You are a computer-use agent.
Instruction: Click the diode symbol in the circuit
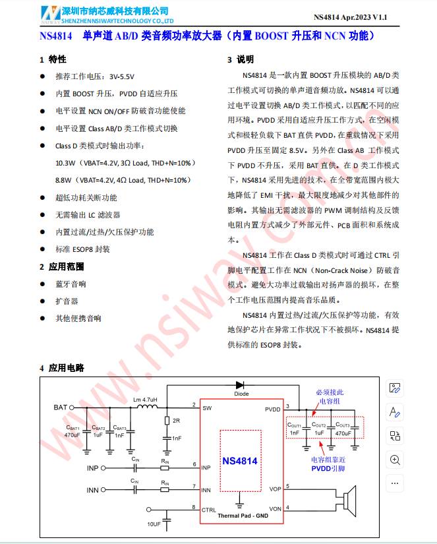pyautogui.click(x=241, y=385)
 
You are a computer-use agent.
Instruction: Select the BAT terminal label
pyautogui.click(x=61, y=408)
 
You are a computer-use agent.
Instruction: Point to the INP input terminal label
pyautogui.click(x=93, y=468)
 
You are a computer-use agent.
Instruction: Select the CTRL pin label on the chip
pyautogui.click(x=209, y=510)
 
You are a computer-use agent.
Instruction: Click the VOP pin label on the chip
pyautogui.click(x=275, y=489)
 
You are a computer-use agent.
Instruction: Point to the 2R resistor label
pyautogui.click(x=176, y=420)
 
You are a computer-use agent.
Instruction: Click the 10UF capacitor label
pyautogui.click(x=154, y=524)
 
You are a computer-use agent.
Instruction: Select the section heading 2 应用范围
pyautogui.click(x=62, y=266)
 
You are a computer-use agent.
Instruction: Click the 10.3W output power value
pyautogui.click(x=65, y=162)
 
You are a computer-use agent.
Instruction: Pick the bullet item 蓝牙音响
pyautogui.click(x=71, y=284)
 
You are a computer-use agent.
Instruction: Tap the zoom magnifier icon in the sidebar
pyautogui.click(x=395, y=460)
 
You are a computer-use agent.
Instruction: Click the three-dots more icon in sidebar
pyautogui.click(x=395, y=483)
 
